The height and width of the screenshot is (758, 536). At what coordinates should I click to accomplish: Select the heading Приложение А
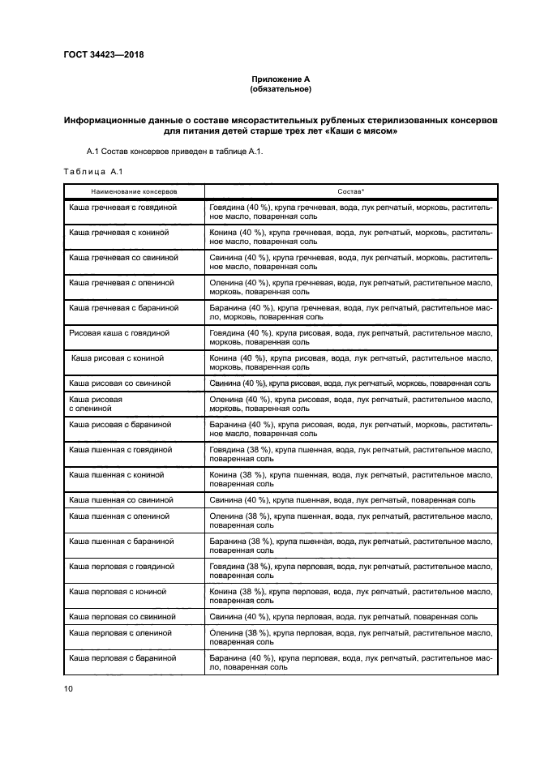click(281, 79)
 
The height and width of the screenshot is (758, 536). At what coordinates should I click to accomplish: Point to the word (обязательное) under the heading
click(281, 89)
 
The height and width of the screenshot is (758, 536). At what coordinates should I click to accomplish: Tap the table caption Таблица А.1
click(92, 170)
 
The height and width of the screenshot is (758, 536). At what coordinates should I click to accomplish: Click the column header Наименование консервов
click(134, 191)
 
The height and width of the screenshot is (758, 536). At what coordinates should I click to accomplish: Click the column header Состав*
click(350, 191)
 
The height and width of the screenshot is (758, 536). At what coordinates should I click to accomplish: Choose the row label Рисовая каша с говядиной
click(119, 332)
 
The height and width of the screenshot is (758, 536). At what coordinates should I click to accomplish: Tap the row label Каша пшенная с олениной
click(119, 516)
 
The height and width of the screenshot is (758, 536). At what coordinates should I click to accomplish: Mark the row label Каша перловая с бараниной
click(123, 658)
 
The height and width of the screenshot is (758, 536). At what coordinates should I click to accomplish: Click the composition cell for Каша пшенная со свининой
click(343, 499)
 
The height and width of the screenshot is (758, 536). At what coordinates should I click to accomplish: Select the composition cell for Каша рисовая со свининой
click(349, 383)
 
